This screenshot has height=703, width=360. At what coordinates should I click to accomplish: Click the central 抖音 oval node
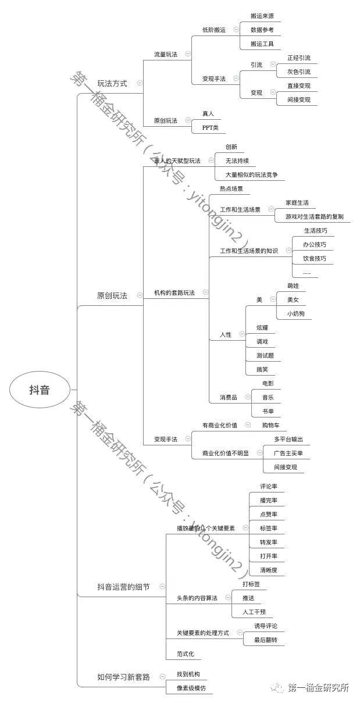pyautogui.click(x=40, y=390)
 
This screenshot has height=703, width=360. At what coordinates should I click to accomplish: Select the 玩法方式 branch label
pyautogui.click(x=112, y=83)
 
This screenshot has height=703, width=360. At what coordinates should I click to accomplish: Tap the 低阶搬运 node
pyautogui.click(x=213, y=29)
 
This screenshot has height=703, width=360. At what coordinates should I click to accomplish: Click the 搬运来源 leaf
pyautogui.click(x=262, y=16)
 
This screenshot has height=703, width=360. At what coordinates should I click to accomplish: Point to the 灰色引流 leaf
pyautogui.click(x=299, y=72)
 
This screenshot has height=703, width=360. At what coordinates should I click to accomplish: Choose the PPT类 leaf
pyautogui.click(x=211, y=127)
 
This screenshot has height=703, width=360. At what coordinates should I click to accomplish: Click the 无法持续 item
pyautogui.click(x=240, y=160)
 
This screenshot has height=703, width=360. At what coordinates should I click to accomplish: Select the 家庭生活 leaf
pyautogui.click(x=297, y=203)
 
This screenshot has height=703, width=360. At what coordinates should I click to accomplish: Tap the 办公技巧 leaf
pyautogui.click(x=315, y=245)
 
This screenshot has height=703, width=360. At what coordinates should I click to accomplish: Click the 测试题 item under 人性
pyautogui.click(x=265, y=355)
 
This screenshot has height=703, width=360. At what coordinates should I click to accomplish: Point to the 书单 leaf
pyautogui.click(x=268, y=411)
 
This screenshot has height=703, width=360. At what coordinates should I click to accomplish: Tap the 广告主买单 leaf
pyautogui.click(x=288, y=453)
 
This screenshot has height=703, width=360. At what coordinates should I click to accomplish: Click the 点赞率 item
pyautogui.click(x=269, y=514)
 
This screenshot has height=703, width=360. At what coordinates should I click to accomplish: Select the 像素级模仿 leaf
pyautogui.click(x=191, y=688)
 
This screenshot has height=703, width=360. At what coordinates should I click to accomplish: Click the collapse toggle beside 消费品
pyautogui.click(x=248, y=397)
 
